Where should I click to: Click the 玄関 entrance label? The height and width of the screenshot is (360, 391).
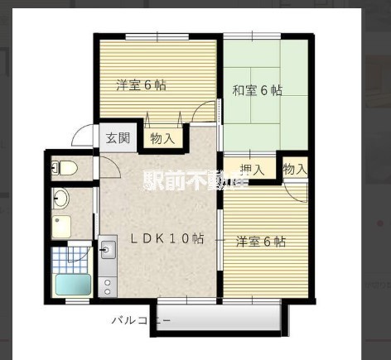point(117,138)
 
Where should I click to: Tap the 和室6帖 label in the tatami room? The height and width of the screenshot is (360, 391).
point(258,90)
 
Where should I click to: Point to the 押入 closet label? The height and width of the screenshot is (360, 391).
point(252,170)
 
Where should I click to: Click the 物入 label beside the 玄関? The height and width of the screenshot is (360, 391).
point(162,138)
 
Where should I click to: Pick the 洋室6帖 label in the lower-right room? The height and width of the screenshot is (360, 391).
point(261,242)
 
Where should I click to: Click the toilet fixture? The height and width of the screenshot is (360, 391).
point(65,169)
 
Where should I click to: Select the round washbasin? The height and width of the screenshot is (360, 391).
point(60,199)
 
